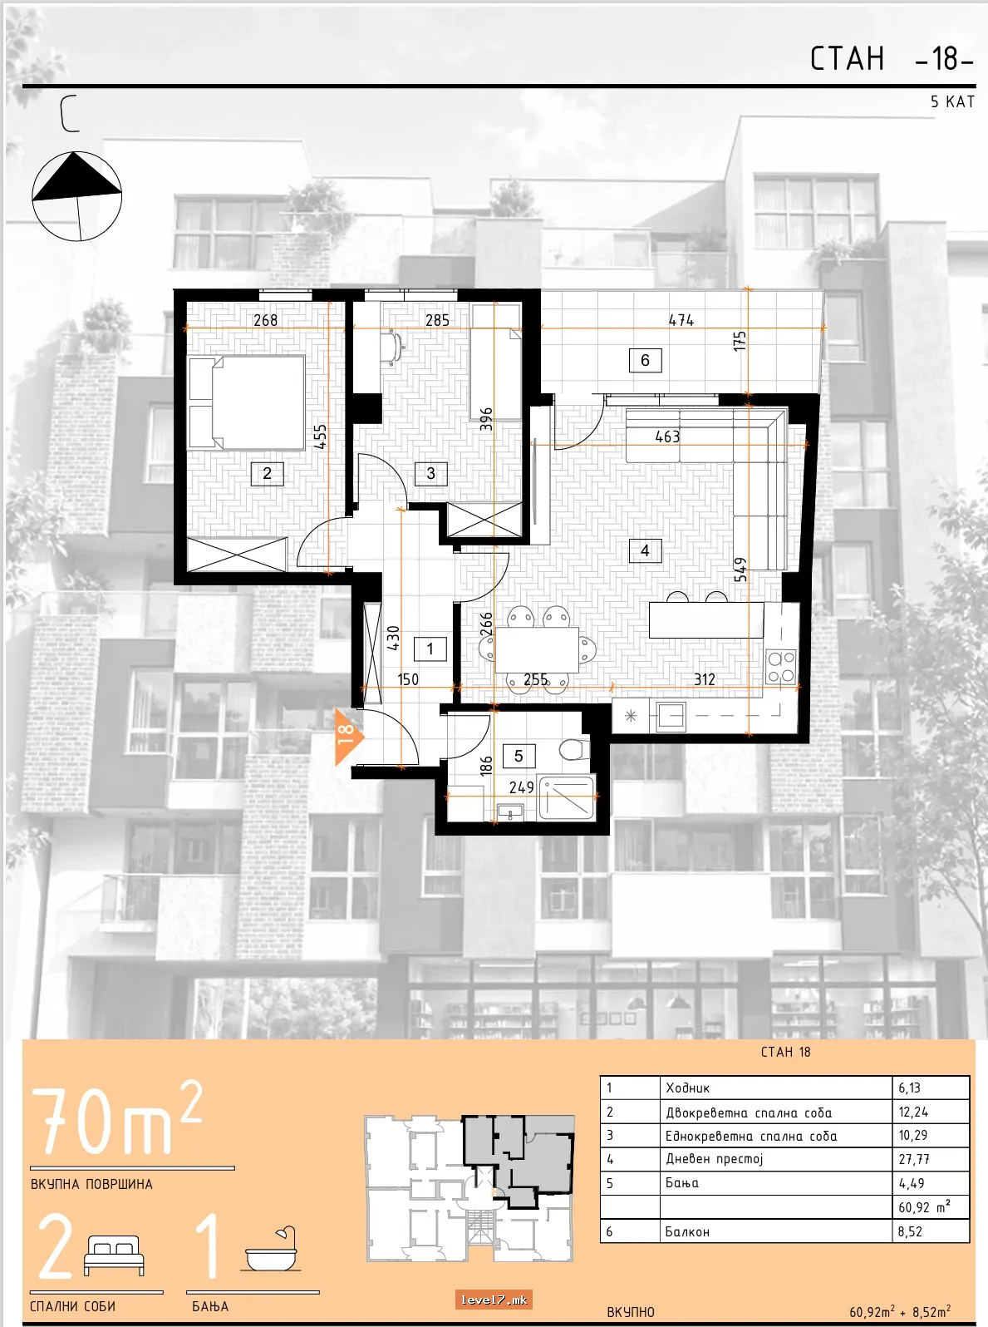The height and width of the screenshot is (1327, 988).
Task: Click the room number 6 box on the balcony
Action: point(646,360)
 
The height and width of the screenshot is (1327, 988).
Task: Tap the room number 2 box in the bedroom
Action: point(267,473)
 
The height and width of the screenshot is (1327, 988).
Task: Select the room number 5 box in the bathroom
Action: point(519,756)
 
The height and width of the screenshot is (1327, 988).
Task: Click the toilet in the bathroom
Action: point(575,749)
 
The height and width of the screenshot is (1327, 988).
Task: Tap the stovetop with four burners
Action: point(781,667)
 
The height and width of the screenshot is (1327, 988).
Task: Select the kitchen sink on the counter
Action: point(671,716)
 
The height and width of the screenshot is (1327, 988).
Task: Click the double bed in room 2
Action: point(247,402)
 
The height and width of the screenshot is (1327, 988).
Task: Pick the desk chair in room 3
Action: point(392,346)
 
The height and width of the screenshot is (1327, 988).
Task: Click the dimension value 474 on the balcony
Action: point(681,320)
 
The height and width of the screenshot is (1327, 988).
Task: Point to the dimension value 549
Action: point(740,569)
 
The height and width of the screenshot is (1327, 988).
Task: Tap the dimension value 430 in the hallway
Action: point(392,638)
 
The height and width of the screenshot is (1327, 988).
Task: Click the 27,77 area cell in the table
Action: point(914,1159)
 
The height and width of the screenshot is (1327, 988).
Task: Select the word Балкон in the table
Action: point(687,1232)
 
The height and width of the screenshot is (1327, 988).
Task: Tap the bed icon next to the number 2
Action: point(114,1255)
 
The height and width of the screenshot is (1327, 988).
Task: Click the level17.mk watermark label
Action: point(494,1300)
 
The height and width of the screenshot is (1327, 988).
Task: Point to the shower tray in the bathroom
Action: point(567,797)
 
